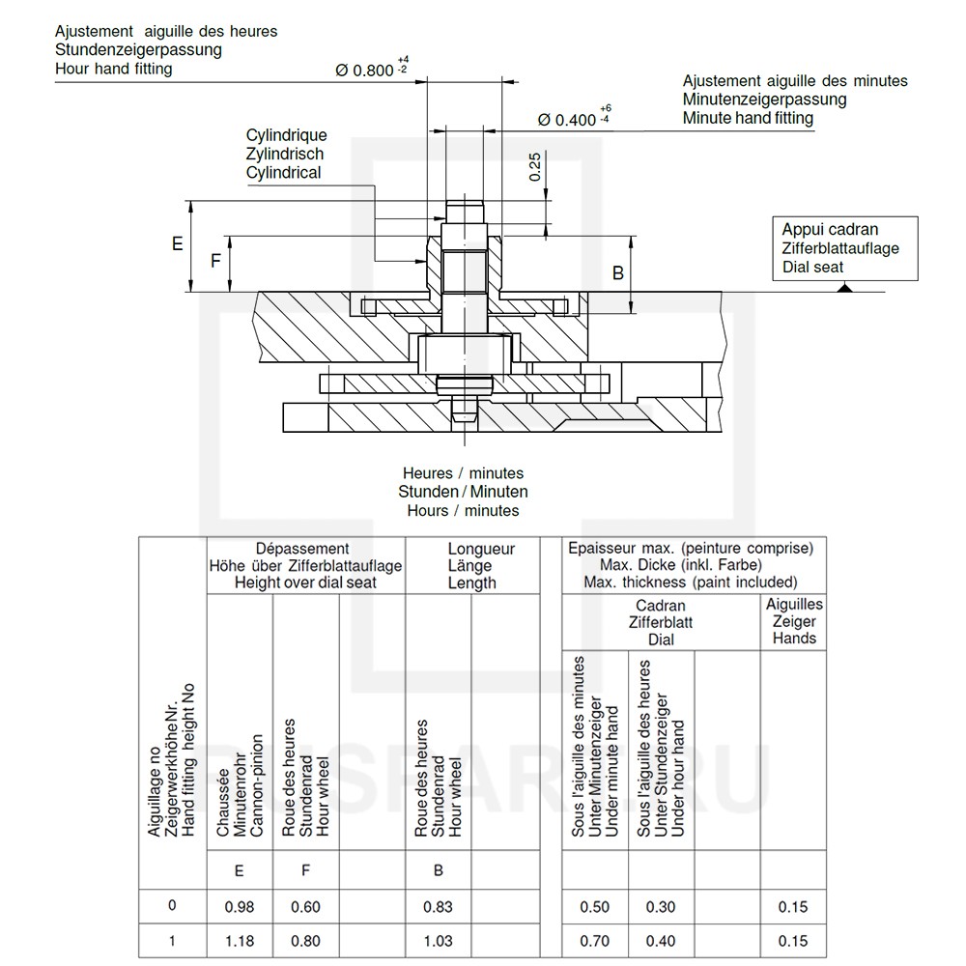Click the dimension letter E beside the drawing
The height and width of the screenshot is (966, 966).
[177, 244]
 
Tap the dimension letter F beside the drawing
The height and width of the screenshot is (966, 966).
[216, 261]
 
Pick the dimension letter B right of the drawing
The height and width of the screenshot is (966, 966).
[618, 273]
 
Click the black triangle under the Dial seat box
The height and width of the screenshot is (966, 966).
[844, 287]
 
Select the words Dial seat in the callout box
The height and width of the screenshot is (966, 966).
[812, 267]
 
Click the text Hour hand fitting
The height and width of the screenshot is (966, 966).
[114, 69]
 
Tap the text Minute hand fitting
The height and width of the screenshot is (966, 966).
[748, 118]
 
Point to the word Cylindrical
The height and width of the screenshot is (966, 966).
[283, 172]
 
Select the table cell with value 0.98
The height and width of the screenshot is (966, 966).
[239, 907]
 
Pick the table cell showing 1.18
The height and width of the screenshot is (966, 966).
[239, 941]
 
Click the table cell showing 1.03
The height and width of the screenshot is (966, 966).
[438, 941]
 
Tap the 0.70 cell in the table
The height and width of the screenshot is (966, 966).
[594, 941]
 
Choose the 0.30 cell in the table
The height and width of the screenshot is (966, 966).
[661, 907]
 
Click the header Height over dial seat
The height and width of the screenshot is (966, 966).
[305, 582]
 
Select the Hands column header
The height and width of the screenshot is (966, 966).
[794, 638]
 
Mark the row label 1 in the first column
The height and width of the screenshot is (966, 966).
[172, 940]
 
